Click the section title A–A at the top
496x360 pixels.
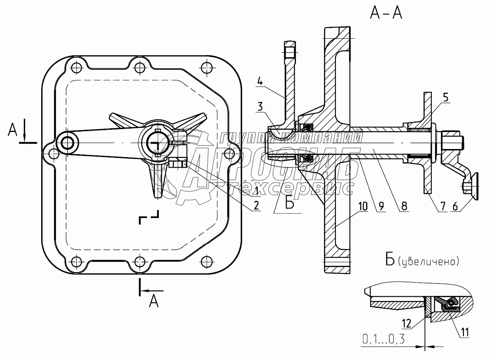(386, 14)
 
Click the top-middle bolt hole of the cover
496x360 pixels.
(138, 67)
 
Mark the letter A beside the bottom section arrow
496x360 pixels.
(155, 301)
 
